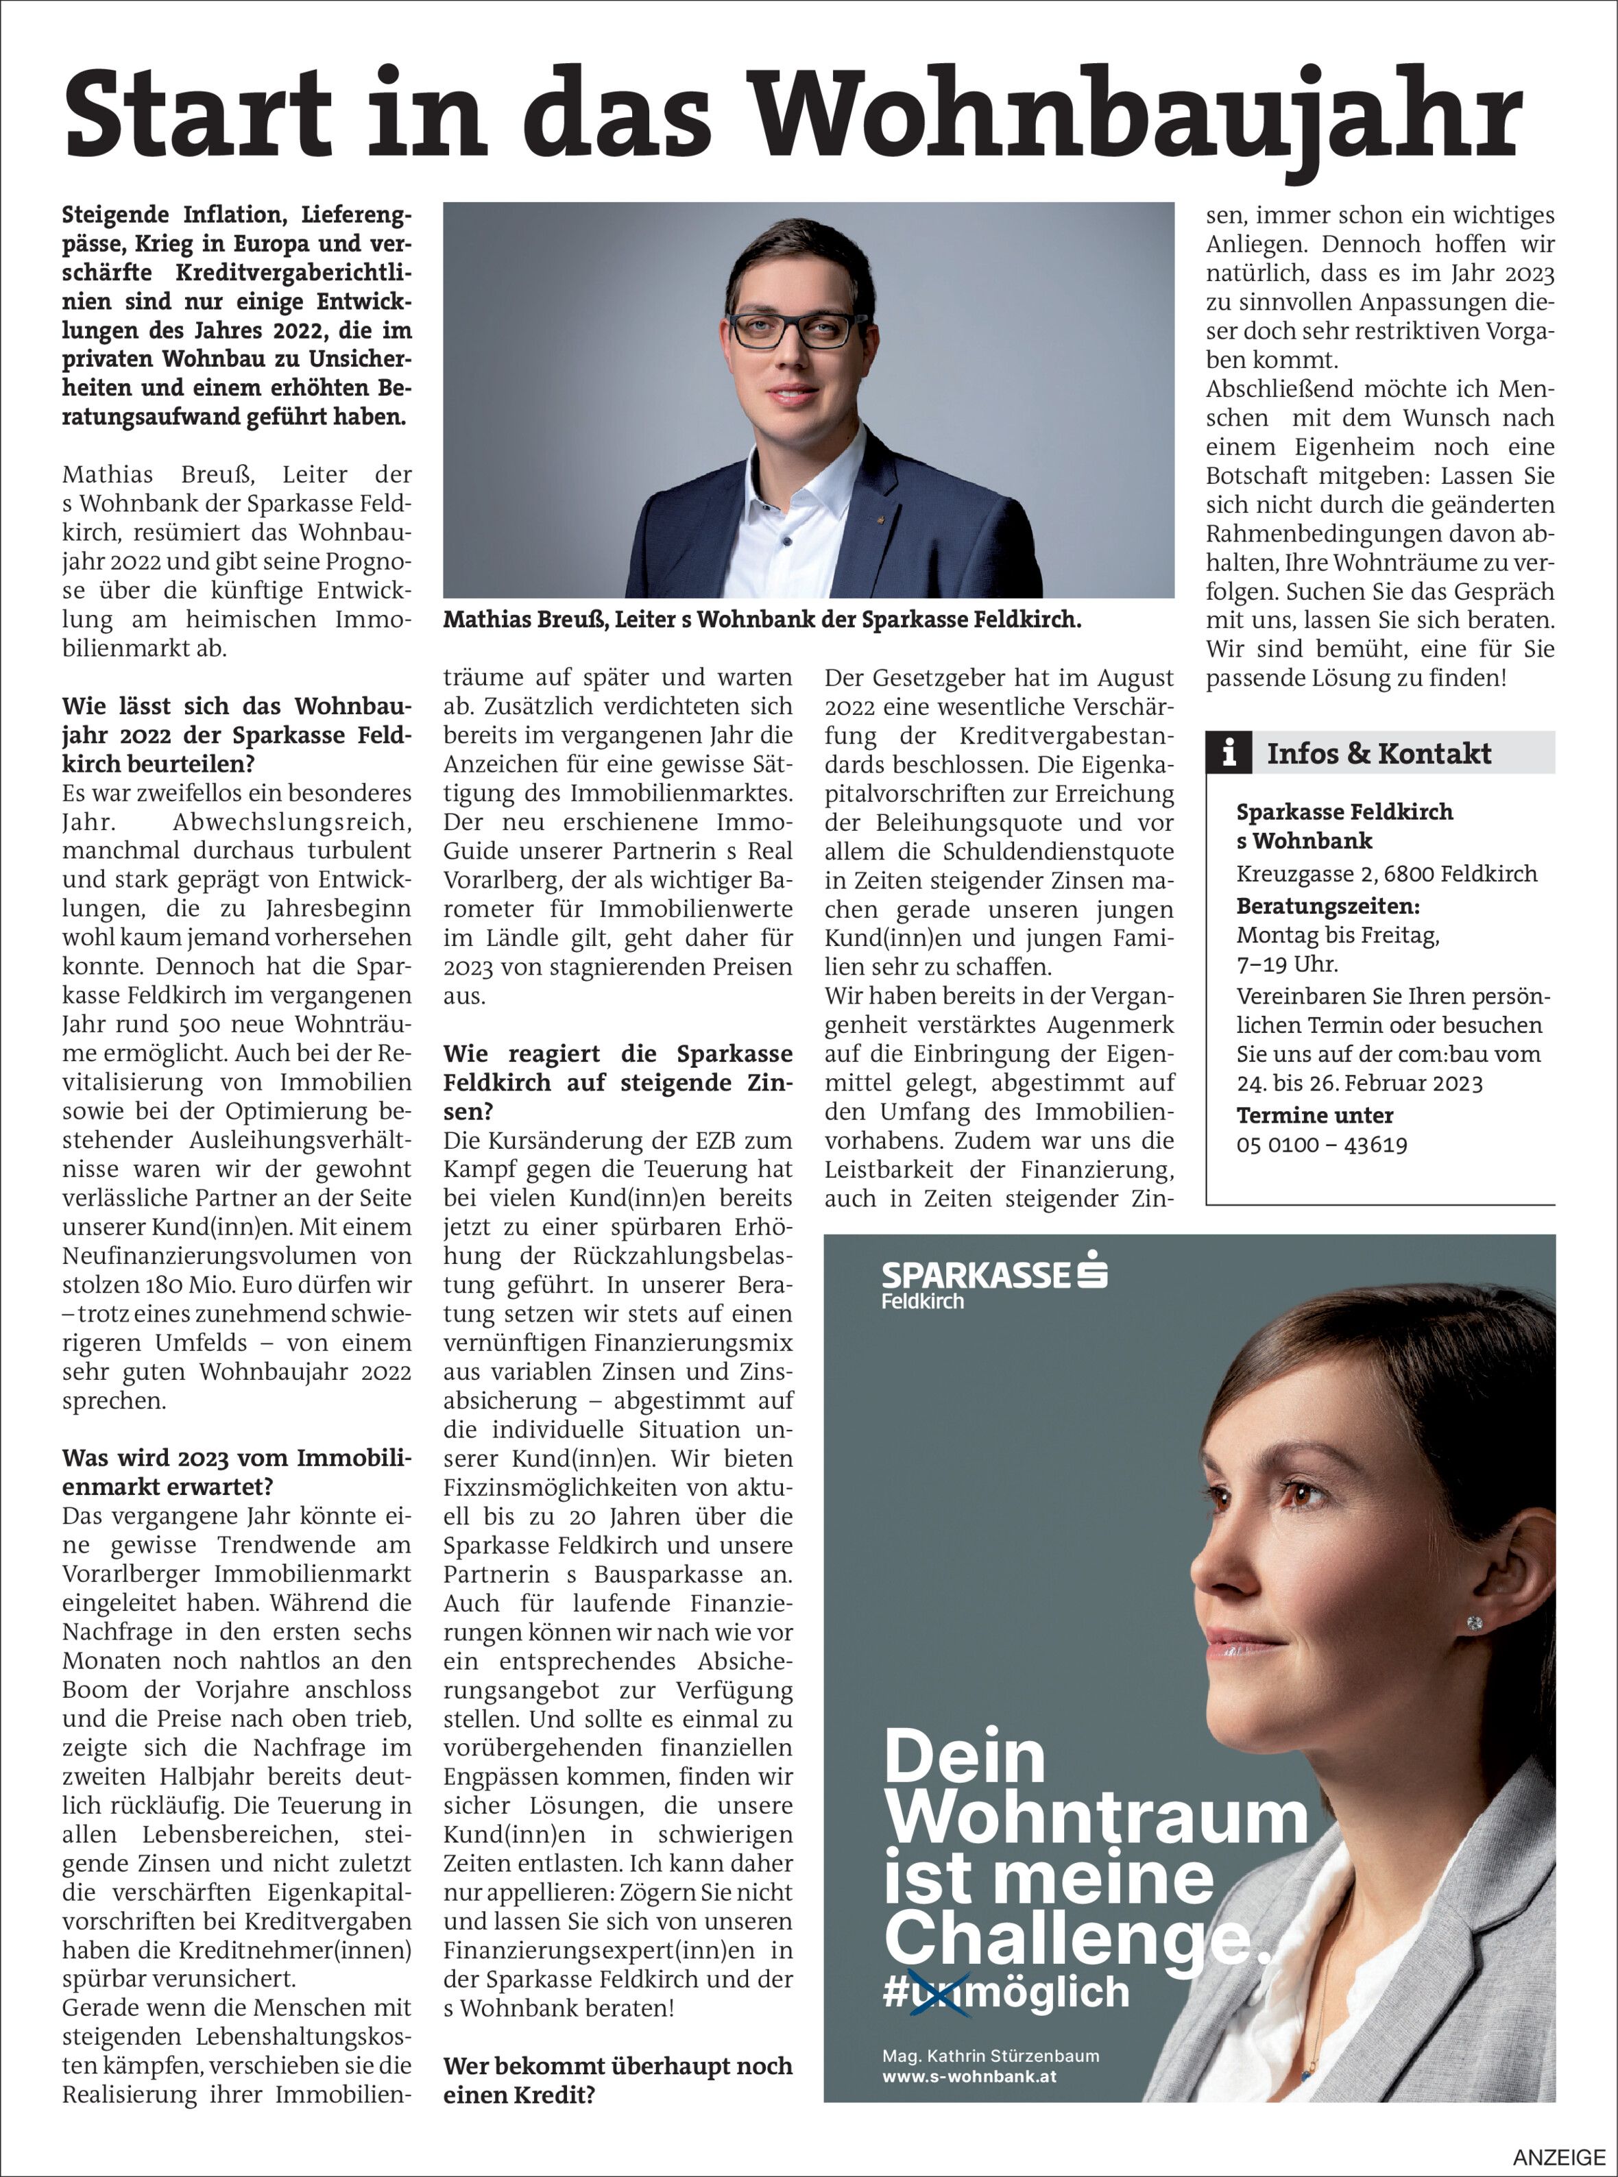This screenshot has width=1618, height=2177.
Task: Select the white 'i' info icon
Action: [x=1229, y=753]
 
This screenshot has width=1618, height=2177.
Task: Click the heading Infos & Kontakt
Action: [x=1378, y=753]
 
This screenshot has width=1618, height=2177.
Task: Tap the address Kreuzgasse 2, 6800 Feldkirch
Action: [x=1386, y=873]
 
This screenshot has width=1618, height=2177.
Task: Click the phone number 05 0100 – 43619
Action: [x=1321, y=1144]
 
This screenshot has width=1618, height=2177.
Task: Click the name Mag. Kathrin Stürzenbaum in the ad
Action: [x=990, y=2056]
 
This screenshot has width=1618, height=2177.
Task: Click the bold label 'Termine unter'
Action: [x=1314, y=1115]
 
